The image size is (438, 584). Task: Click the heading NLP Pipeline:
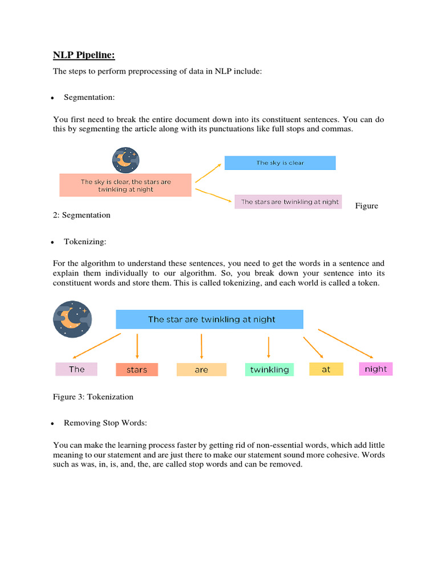click(x=84, y=55)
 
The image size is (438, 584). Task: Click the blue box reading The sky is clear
click(x=280, y=163)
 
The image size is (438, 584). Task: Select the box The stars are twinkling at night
click(x=290, y=202)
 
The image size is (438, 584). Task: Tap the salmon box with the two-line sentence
click(x=125, y=185)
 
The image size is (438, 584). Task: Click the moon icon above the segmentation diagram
click(x=125, y=160)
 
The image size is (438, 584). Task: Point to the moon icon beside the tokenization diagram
click(x=72, y=319)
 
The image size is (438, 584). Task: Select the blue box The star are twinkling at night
click(x=210, y=319)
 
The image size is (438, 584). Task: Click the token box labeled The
click(x=76, y=369)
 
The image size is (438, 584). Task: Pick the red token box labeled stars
click(x=137, y=370)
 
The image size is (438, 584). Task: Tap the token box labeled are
click(x=201, y=370)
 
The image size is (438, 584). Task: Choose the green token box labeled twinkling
click(x=269, y=370)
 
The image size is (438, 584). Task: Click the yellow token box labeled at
click(x=326, y=369)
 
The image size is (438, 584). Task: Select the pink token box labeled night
click(x=376, y=369)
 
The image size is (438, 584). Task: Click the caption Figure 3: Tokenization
click(x=93, y=396)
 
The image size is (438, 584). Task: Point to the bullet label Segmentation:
click(x=89, y=98)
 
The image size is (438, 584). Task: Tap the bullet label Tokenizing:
click(x=85, y=242)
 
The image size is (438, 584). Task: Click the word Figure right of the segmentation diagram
click(x=366, y=206)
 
